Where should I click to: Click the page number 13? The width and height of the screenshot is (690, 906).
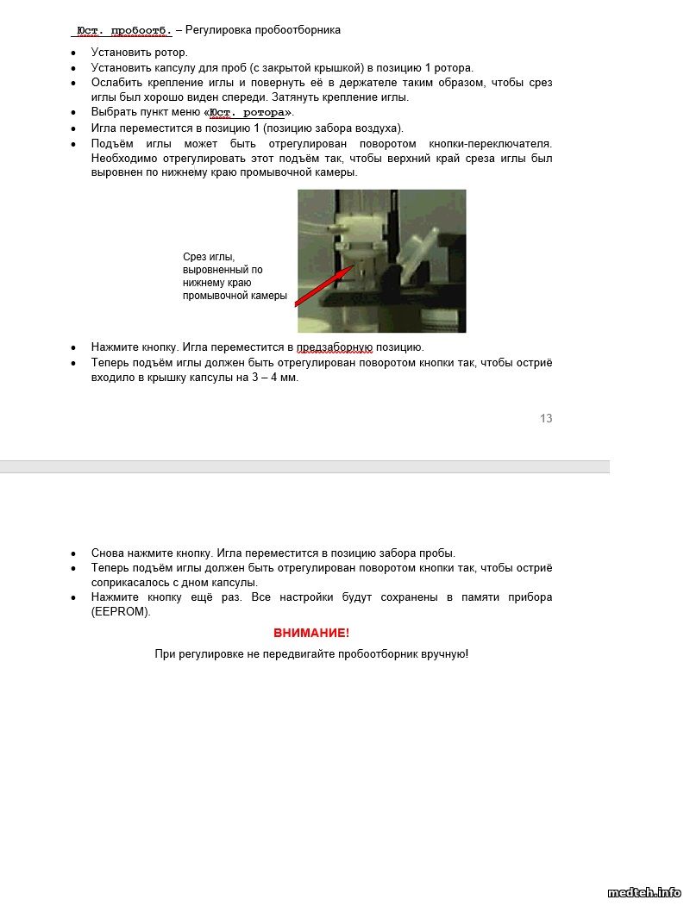tap(546, 419)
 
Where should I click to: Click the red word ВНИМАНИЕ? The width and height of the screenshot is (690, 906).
tap(311, 633)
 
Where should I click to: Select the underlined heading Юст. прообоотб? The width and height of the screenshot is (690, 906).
tap(123, 30)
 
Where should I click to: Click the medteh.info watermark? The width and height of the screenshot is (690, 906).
tap(644, 893)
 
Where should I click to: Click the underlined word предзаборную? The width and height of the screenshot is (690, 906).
tap(335, 347)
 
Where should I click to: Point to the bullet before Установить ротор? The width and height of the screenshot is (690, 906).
tap(73, 53)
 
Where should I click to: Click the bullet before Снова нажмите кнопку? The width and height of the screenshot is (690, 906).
tap(73, 553)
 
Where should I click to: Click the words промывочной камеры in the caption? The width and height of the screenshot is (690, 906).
tap(235, 296)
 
